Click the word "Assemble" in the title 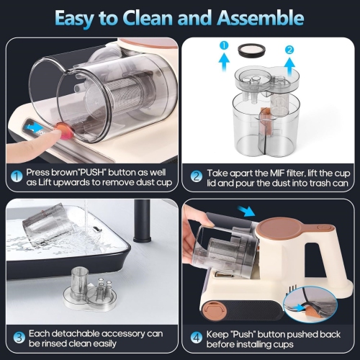(248, 17)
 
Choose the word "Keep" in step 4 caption (219, 335)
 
